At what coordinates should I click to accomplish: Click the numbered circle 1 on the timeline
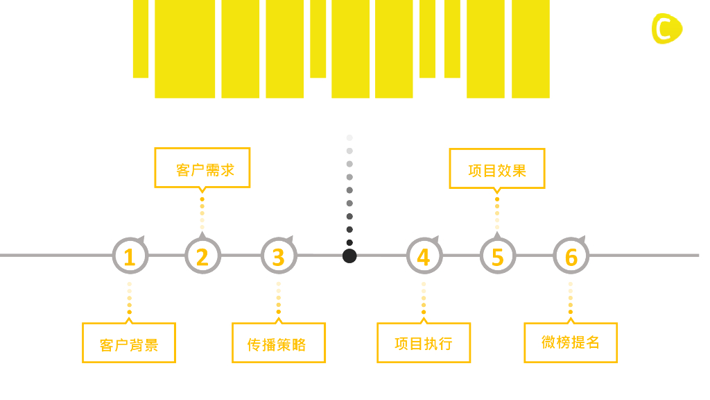click(x=130, y=256)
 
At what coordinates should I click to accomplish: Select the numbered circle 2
click(x=202, y=256)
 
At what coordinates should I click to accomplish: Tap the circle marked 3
click(x=278, y=256)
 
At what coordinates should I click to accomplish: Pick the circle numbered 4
click(x=424, y=256)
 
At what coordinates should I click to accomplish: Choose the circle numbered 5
click(x=497, y=256)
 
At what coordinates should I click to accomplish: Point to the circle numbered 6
click(x=571, y=256)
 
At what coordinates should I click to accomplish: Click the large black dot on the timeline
click(x=349, y=256)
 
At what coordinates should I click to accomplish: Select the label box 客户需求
click(x=202, y=168)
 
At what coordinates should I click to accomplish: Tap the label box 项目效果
click(x=496, y=169)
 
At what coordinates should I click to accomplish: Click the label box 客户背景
click(x=129, y=342)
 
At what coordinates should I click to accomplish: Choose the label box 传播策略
click(x=278, y=342)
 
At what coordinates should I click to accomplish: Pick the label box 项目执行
click(x=424, y=342)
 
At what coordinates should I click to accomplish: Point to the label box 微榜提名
click(x=570, y=342)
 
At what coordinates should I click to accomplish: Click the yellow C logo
click(x=666, y=28)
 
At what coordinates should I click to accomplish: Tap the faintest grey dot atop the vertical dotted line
click(x=349, y=137)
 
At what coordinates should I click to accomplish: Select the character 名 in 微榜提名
click(x=592, y=342)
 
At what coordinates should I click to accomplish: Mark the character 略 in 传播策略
click(x=299, y=344)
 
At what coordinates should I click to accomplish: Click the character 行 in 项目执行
click(x=445, y=344)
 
